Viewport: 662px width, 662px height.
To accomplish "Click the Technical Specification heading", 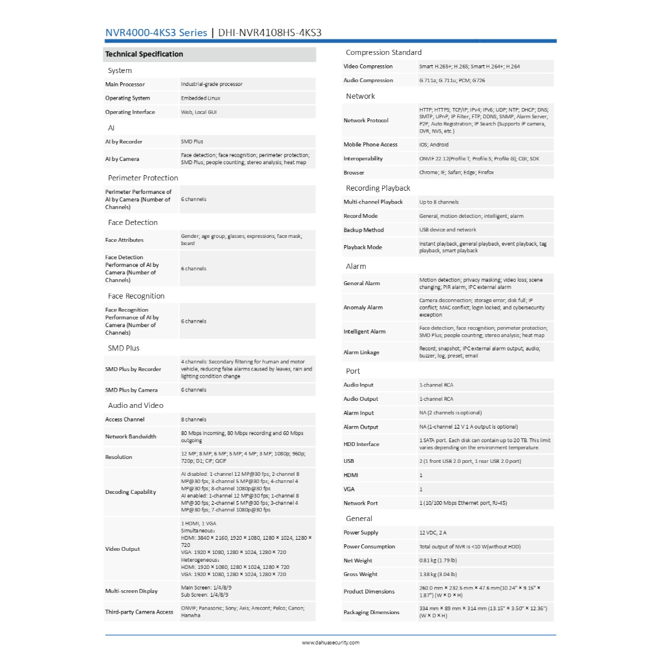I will click(x=144, y=54).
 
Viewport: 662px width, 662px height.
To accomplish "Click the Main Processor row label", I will click(x=125, y=85).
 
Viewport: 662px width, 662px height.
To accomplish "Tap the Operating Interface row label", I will click(x=130, y=112).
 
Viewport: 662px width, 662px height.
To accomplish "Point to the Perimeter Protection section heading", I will click(x=143, y=178).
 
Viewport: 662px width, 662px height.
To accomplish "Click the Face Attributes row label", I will click(x=125, y=240).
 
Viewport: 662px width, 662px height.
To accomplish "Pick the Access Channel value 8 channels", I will click(x=194, y=420).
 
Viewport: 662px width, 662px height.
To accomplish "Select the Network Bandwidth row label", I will click(x=131, y=436).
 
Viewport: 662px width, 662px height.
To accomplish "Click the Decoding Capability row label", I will click(x=131, y=492).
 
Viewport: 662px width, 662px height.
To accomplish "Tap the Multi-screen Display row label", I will click(x=131, y=591).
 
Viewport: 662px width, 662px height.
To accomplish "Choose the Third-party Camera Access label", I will click(x=139, y=612).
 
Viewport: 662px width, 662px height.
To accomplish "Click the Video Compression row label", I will click(x=368, y=67).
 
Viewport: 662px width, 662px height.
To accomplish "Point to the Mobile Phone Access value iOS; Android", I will click(x=434, y=145).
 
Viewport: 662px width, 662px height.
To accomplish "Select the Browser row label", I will click(x=354, y=173).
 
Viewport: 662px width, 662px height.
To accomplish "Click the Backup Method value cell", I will click(x=447, y=230).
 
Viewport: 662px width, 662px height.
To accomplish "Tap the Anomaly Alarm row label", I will click(x=363, y=308).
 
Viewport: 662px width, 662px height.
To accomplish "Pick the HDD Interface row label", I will click(x=361, y=444).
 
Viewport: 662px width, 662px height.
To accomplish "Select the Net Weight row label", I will click(x=358, y=561).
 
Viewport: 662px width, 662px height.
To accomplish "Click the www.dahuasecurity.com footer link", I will click(x=330, y=643).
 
